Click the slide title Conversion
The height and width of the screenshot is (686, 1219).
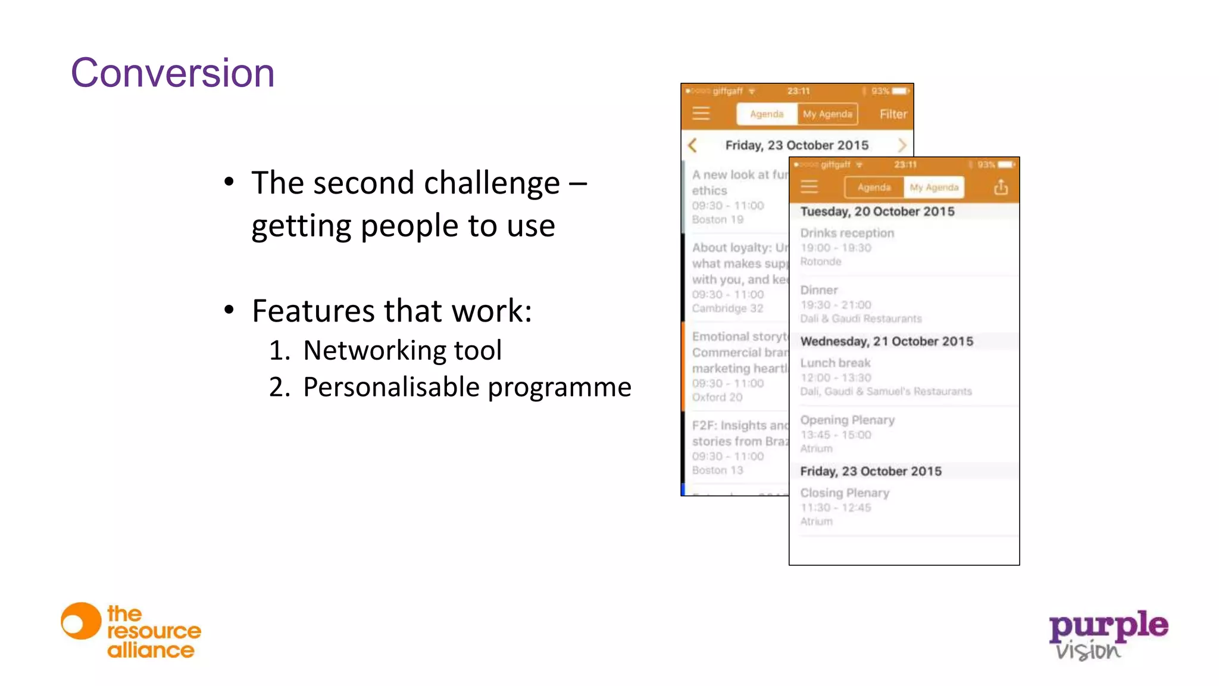(x=173, y=73)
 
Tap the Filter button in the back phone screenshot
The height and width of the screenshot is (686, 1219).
(x=893, y=114)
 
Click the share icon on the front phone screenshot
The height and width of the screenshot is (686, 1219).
(x=1001, y=188)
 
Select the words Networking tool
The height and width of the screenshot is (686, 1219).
(x=402, y=350)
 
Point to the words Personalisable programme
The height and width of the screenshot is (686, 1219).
(x=467, y=387)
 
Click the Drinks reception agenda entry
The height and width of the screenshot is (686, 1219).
(x=847, y=233)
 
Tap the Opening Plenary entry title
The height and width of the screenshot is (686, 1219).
(x=847, y=420)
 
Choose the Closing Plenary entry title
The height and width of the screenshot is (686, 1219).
(x=845, y=493)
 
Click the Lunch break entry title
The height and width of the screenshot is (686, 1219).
(x=835, y=363)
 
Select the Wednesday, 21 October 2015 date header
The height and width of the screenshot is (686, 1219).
(x=886, y=341)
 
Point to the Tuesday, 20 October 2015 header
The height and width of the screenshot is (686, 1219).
(x=877, y=211)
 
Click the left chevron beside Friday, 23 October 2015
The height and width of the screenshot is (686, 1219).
(x=692, y=145)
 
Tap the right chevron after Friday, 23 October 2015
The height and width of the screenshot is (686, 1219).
(x=902, y=145)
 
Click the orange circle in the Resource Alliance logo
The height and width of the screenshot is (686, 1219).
(x=81, y=621)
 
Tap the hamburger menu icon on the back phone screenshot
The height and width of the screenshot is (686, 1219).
(x=701, y=114)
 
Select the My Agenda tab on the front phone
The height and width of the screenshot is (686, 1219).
(x=933, y=188)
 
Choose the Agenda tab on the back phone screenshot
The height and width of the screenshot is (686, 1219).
(x=767, y=114)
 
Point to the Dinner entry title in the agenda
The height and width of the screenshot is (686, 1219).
(x=819, y=291)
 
